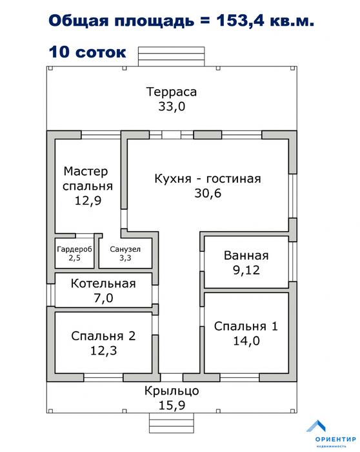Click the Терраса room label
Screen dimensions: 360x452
click(x=172, y=92)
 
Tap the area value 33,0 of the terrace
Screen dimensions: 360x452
click(x=172, y=107)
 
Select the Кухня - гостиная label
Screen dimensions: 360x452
click(x=208, y=179)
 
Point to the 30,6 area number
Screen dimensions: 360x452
click(x=208, y=193)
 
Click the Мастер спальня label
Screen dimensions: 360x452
click(x=88, y=179)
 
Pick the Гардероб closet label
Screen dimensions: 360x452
click(x=75, y=249)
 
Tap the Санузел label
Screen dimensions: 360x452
click(x=125, y=249)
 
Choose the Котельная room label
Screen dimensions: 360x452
click(x=103, y=283)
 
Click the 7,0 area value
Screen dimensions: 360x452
click(x=103, y=298)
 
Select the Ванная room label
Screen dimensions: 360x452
click(x=246, y=256)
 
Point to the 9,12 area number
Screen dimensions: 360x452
click(x=246, y=270)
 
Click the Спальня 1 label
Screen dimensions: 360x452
click(x=246, y=326)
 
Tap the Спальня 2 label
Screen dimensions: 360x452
click(x=103, y=336)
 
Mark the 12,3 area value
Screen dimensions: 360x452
click(x=103, y=351)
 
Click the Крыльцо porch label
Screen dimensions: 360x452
click(x=172, y=391)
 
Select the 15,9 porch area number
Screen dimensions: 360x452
click(x=172, y=406)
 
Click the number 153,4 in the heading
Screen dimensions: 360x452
click(x=240, y=21)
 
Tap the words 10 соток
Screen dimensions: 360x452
click(x=88, y=52)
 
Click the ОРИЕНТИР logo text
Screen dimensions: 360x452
click(x=335, y=439)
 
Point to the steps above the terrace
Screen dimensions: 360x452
click(x=172, y=57)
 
